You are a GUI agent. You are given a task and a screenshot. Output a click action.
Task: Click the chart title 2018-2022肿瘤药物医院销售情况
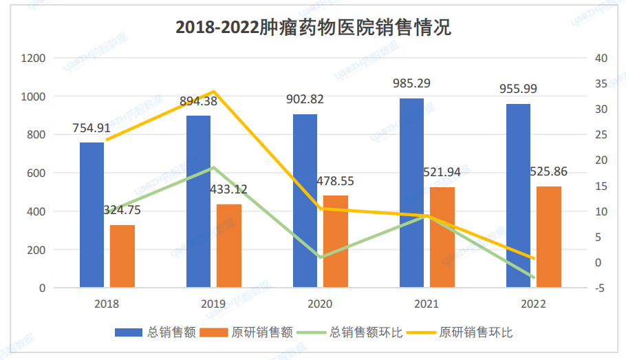tap(313, 28)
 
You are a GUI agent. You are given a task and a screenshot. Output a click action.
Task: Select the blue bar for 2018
tap(91, 214)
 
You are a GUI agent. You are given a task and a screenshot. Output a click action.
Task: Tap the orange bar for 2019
tap(229, 245)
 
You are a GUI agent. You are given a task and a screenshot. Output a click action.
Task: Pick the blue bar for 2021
tap(411, 193)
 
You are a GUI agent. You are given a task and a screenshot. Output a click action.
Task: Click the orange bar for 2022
tap(548, 236)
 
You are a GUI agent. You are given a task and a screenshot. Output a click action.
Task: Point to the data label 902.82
tap(304, 99)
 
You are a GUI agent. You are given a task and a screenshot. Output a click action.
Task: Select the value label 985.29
tap(411, 84)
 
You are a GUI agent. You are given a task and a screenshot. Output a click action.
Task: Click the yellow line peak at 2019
tap(214, 92)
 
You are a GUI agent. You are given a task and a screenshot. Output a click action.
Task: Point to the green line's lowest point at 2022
tap(533, 277)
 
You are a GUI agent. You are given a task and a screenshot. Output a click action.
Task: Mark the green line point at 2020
tap(320, 257)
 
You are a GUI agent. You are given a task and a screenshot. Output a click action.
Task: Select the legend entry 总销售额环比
tap(362, 332)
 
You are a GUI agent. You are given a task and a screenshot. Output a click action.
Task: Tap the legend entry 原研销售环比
tap(475, 332)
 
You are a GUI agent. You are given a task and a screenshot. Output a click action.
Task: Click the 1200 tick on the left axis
tap(34, 59)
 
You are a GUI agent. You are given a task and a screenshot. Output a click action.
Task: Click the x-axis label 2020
tap(320, 304)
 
